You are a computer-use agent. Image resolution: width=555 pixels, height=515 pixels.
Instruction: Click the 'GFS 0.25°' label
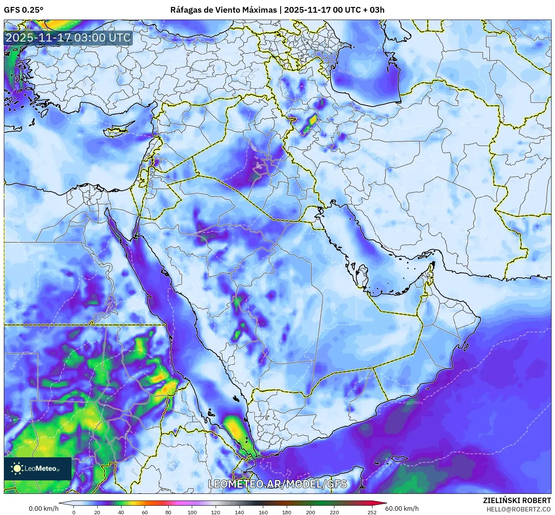tap(23, 10)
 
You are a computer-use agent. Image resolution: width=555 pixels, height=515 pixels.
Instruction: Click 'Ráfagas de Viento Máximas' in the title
tap(223, 10)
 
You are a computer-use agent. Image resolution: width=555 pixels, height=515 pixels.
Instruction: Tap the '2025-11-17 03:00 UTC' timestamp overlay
tap(68, 38)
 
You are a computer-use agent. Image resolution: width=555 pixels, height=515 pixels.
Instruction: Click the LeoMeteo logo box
tap(38, 468)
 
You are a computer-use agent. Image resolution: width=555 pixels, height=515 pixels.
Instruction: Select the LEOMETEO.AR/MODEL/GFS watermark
tap(277, 484)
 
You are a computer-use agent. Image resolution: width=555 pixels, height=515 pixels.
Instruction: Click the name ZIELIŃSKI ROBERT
tap(517, 500)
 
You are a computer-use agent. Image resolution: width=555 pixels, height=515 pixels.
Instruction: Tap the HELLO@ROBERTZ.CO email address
tap(518, 509)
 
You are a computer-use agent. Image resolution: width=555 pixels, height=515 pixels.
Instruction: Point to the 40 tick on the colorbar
tap(121, 512)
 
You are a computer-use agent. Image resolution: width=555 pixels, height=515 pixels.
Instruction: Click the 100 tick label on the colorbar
tap(192, 512)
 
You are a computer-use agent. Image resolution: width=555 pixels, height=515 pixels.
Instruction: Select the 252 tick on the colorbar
tap(372, 512)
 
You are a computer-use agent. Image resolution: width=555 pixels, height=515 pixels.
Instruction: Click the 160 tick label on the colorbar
tap(263, 512)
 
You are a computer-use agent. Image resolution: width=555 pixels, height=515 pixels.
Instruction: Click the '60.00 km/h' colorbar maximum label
tap(402, 508)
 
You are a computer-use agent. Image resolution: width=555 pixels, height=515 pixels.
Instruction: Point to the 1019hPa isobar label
tap(414, 403)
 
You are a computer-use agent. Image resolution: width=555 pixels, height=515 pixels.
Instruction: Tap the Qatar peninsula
tap(361, 275)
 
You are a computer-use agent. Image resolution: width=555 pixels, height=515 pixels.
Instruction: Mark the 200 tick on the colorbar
tap(311, 512)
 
